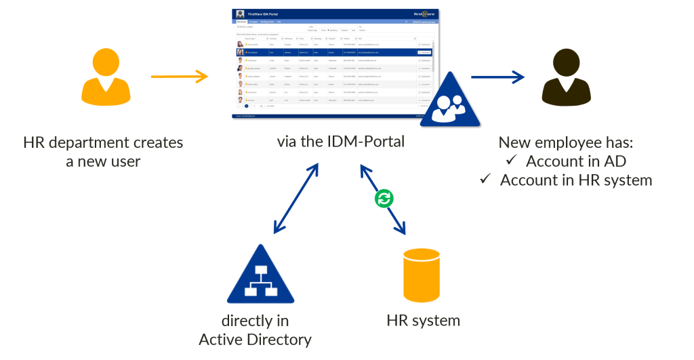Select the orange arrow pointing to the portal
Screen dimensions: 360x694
tap(179, 76)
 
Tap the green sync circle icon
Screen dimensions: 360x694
tap(384, 199)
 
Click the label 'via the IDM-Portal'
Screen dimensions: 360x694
tap(340, 142)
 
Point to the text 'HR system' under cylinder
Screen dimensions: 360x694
tap(423, 320)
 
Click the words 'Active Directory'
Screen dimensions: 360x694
tap(256, 339)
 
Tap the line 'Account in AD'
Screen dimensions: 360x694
tap(576, 161)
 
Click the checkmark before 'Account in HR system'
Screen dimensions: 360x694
tap(485, 179)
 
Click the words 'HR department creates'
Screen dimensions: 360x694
tap(103, 143)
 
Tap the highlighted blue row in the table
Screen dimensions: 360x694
tap(332, 52)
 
